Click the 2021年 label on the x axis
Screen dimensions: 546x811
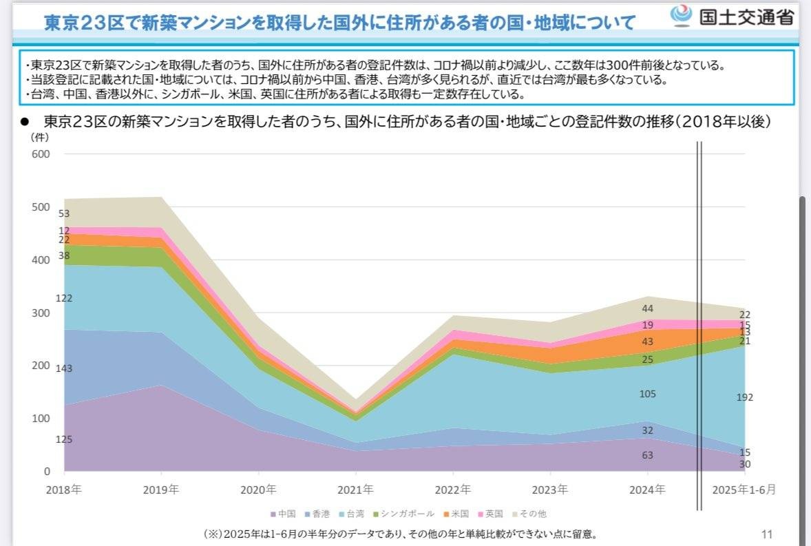(356, 490)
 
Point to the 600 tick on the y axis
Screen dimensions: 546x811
(41, 154)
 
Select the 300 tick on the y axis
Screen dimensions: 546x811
(41, 313)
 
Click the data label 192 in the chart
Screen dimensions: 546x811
(745, 397)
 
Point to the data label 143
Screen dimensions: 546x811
(64, 368)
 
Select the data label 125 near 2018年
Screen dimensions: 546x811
(64, 439)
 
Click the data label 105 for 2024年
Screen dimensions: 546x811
(647, 394)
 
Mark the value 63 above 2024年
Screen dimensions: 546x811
(647, 455)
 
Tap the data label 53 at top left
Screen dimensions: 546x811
(64, 213)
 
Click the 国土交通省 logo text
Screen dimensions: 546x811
(746, 17)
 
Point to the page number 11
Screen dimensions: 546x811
(768, 534)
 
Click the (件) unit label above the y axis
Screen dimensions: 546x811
(39, 137)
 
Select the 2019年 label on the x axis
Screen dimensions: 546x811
(161, 490)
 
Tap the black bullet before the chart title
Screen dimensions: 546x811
(24, 122)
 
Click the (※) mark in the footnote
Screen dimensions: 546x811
(212, 534)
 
